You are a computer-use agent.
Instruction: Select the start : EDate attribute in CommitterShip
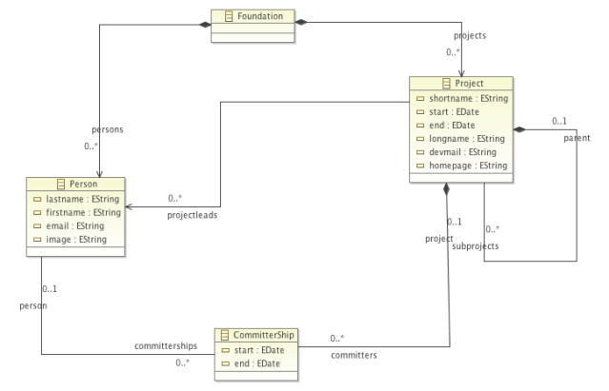click(x=256, y=349)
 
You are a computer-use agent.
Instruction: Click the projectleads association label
click(x=188, y=214)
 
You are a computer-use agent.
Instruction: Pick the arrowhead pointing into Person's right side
click(x=129, y=204)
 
